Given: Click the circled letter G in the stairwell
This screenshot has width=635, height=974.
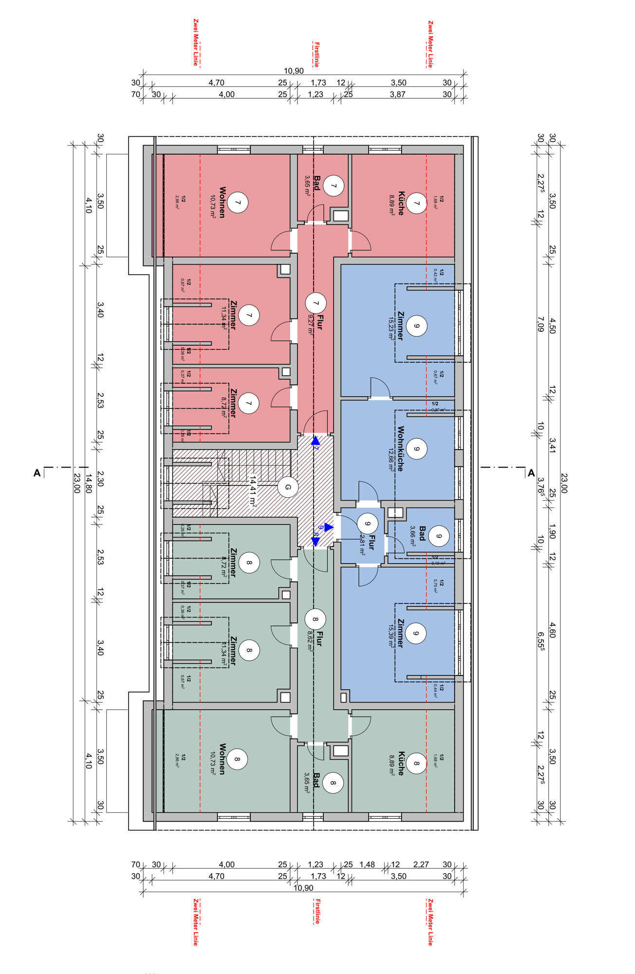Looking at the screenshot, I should coord(287,487).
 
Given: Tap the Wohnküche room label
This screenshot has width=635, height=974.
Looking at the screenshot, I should coord(401,449).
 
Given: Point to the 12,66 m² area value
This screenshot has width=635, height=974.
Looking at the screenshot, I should coord(391,459).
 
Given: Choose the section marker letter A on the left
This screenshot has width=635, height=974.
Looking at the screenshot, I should coord(37,473).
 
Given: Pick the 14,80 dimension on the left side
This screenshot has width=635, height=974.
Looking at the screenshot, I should coord(88,484).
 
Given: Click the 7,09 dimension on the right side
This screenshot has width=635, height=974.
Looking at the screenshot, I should coord(540,324).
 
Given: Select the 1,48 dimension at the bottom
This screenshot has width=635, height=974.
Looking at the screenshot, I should coord(367,864).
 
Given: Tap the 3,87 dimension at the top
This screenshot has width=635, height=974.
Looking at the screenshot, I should coord(397,94).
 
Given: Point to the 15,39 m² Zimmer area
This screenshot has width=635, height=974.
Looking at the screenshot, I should coord(391,636).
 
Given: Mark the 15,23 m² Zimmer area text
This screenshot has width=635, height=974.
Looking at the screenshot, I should coord(391,328).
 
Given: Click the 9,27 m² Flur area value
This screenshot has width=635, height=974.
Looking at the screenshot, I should coord(310,324).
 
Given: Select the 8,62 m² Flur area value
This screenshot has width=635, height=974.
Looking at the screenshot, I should coord(310,641).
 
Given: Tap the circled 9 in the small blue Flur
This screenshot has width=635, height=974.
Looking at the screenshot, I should coord(367,524).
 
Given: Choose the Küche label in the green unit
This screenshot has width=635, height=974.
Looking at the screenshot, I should coord(401,763).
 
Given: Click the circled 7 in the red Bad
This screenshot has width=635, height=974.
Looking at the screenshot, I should coord(334,186).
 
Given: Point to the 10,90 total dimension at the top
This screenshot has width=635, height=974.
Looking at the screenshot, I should coord(294,71).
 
